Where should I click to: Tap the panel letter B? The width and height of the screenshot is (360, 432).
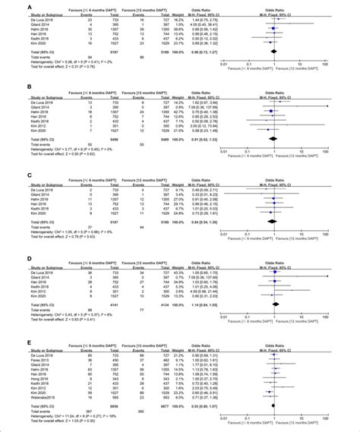(x=7, y=88)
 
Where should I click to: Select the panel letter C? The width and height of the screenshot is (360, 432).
(x=7, y=174)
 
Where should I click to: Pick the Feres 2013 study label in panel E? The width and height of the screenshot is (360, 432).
(x=18, y=359)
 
